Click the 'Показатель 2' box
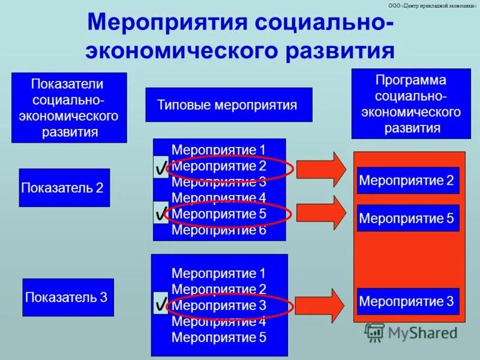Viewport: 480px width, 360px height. (64, 188)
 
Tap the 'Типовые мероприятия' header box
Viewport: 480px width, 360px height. (229, 105)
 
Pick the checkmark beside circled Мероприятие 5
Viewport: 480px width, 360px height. (161, 212)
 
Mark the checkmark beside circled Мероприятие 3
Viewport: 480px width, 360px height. (161, 304)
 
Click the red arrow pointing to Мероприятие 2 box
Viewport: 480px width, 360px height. (321, 170)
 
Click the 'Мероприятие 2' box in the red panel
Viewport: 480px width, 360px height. (407, 181)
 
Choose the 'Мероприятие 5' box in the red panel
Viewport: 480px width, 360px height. (407, 218)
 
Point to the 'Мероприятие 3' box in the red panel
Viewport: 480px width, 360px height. (407, 301)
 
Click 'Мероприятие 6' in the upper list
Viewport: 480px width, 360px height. (218, 230)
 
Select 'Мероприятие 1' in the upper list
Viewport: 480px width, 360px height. (218, 150)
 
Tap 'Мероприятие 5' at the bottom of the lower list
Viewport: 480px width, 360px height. (218, 337)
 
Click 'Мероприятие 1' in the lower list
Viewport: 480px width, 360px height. (218, 274)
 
